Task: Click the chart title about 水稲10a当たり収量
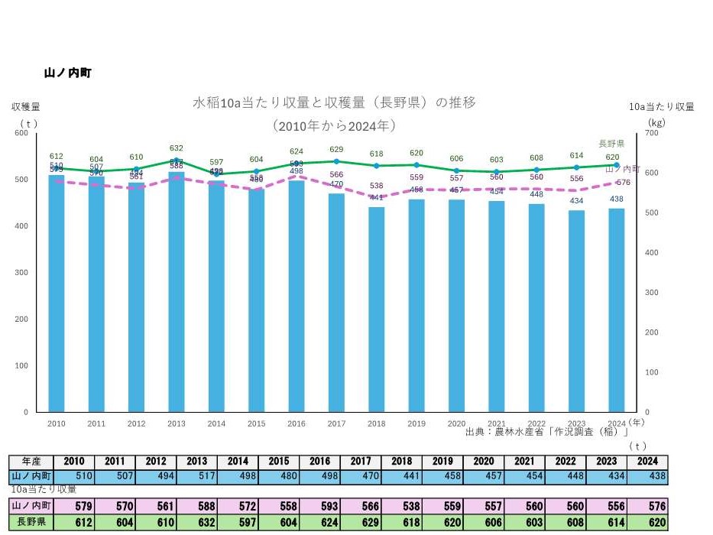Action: coord(334,102)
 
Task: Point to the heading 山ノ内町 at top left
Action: coord(68,73)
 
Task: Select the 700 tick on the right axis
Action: coord(651,133)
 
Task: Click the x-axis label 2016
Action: coord(297,423)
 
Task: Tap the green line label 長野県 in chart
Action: coord(611,144)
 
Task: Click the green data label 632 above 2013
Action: coord(177,148)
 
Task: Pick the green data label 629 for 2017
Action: coord(336,149)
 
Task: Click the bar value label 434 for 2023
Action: coord(576,201)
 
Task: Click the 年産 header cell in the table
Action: coord(31,462)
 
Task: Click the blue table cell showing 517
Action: coord(196,476)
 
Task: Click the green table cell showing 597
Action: coord(237,524)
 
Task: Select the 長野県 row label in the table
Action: coord(31,524)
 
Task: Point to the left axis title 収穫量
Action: coord(25,107)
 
